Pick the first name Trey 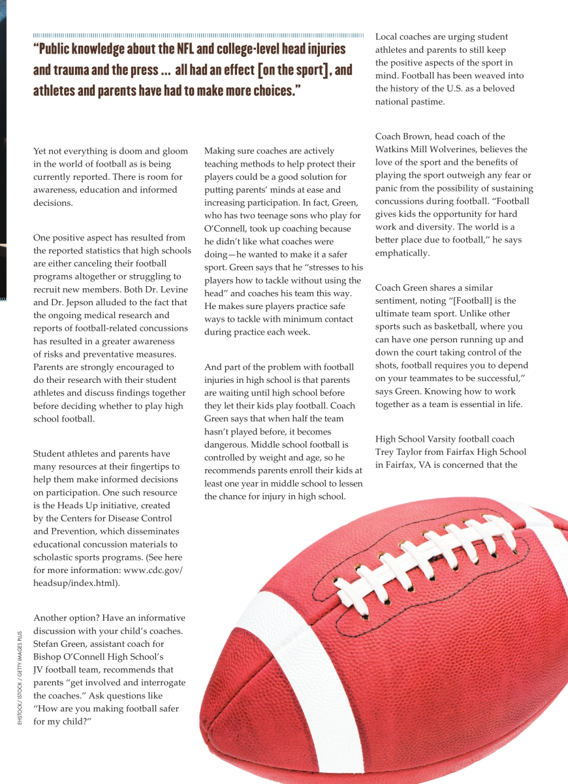pos(386,451)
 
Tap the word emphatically pos(402,253)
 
